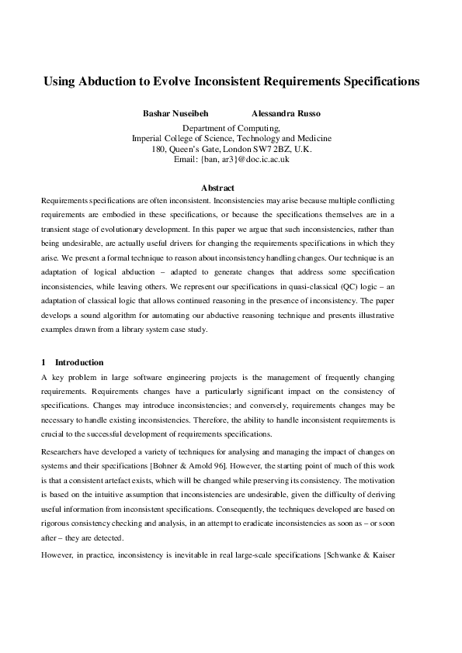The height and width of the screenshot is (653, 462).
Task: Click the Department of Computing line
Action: [x=231, y=128]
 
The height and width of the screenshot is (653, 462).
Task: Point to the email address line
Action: [x=231, y=158]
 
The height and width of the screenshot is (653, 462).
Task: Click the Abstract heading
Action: [x=217, y=188]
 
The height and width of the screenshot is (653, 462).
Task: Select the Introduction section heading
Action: [x=79, y=362]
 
